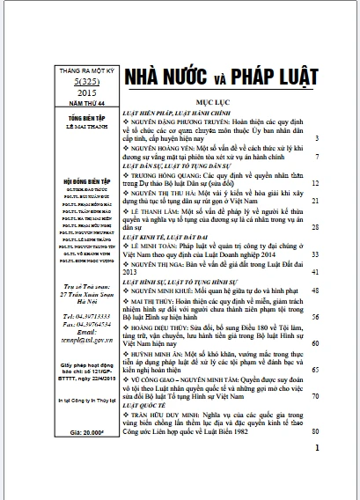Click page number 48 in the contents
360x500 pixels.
314,288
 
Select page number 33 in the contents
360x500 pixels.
314,252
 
